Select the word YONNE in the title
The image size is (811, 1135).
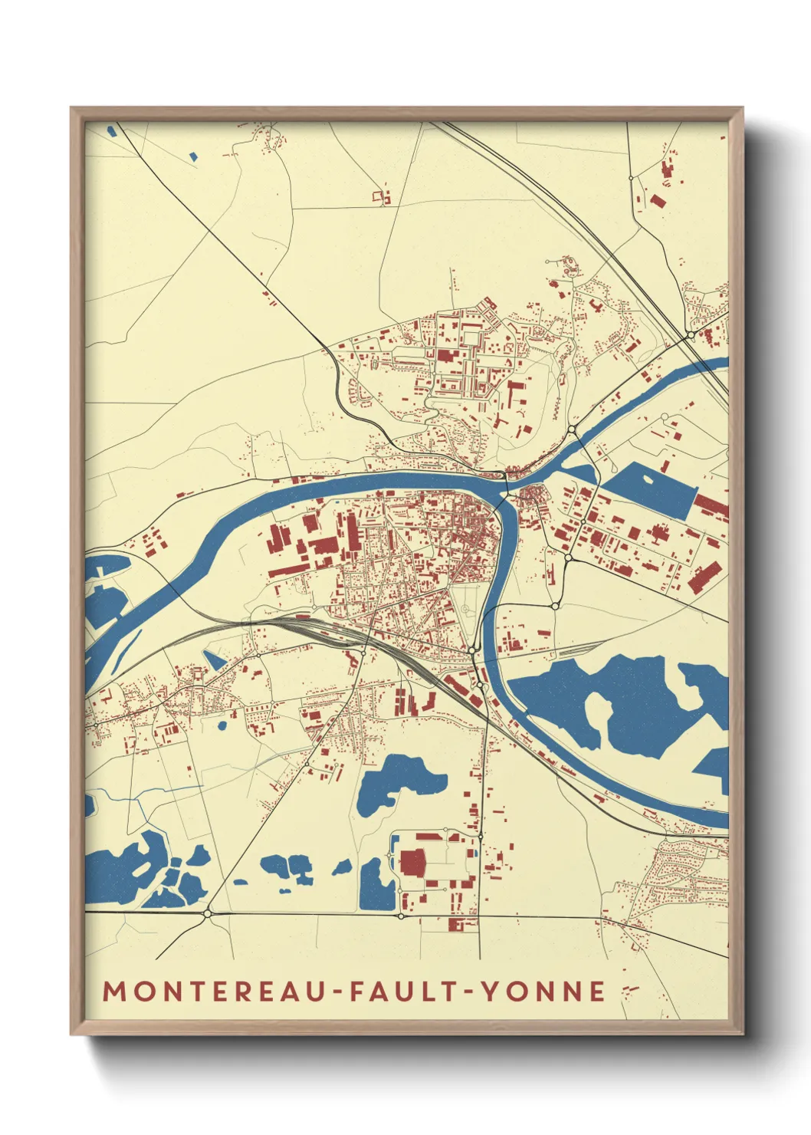(543, 991)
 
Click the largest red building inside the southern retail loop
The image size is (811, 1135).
(412, 862)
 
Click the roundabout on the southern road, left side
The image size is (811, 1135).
(208, 913)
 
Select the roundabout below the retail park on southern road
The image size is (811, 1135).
(401, 915)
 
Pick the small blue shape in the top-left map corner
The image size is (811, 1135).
(113, 130)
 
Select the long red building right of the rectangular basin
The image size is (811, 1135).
(711, 506)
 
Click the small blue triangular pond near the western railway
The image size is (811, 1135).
(214, 659)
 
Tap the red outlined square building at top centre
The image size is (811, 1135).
(379, 197)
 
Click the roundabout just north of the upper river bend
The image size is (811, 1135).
(572, 429)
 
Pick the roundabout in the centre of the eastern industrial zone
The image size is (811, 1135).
(583, 522)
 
